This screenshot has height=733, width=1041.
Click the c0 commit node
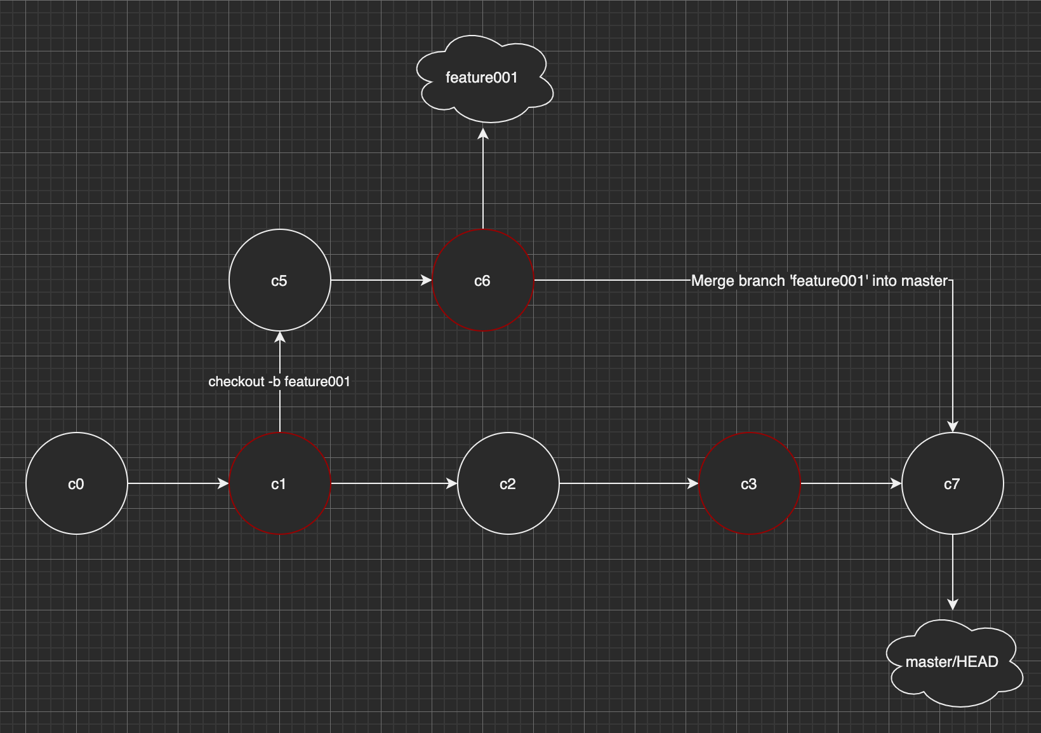76,483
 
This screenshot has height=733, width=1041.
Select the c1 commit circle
279,483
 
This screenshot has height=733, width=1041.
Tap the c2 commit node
508,483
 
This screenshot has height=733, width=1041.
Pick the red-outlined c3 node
749,483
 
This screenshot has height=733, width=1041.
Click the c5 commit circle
279,280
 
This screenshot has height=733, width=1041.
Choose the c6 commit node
482,280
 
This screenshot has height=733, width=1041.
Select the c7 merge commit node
952,483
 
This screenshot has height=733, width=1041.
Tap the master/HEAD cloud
952,662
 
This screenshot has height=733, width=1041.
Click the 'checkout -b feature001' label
279,382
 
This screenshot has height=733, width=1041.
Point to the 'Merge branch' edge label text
819,281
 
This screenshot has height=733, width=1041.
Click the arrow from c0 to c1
178,483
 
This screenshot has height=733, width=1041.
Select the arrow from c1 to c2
394,483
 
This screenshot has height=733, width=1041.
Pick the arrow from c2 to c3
628,483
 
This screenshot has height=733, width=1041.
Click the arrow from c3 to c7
851,483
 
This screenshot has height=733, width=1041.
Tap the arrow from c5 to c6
381,280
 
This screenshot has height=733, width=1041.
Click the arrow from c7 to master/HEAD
952,572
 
